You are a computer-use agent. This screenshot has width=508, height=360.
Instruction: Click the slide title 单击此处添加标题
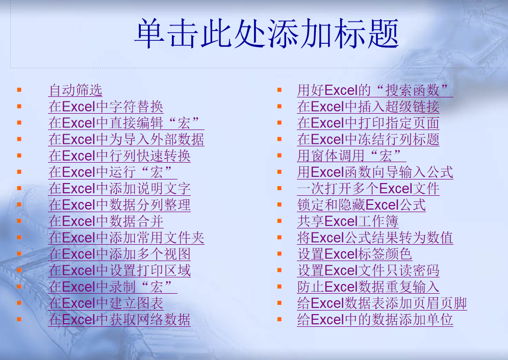[x=266, y=34]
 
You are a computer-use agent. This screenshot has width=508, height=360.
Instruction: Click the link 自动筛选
[x=75, y=91]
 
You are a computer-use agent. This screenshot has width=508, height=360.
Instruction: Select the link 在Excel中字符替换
[x=106, y=107]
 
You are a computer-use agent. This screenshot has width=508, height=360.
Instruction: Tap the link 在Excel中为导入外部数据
[x=126, y=140]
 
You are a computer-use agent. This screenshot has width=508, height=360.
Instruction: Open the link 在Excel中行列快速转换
[x=119, y=156]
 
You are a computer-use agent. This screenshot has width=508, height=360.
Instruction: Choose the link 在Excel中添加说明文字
[x=119, y=189]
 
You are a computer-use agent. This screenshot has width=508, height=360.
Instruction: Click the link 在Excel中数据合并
[x=106, y=221]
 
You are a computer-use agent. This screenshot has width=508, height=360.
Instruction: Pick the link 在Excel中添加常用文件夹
[x=126, y=238]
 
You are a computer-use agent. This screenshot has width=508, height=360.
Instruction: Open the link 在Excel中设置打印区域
[x=119, y=270]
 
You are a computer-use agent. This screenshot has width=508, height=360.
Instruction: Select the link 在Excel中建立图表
[x=106, y=303]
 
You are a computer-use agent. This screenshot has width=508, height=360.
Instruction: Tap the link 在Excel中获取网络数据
[x=119, y=320]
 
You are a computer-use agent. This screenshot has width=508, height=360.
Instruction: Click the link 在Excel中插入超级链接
[x=368, y=107]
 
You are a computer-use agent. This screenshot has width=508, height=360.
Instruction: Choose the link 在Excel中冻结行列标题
[x=368, y=140]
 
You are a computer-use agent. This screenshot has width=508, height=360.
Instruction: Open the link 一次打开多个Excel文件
[x=368, y=189]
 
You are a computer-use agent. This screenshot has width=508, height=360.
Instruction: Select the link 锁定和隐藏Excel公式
[x=361, y=205]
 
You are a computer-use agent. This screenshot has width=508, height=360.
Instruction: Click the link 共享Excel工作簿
[x=347, y=221]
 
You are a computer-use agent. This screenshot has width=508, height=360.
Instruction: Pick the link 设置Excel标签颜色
[x=354, y=254]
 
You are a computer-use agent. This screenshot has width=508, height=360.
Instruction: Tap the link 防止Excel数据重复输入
[x=368, y=287]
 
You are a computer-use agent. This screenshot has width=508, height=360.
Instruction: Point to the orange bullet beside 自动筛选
[x=19, y=90]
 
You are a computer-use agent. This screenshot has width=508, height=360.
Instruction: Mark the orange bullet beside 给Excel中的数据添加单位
[x=280, y=319]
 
